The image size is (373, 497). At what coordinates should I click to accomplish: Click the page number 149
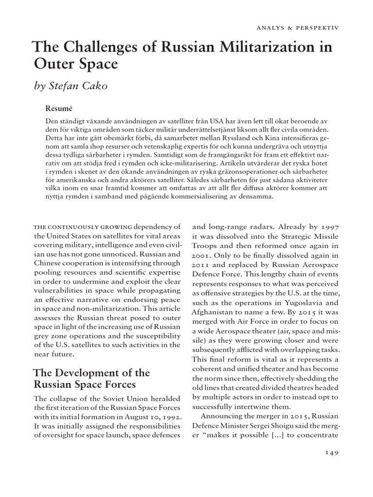pyautogui.click(x=330, y=452)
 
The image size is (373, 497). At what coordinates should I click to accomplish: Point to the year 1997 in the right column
pyautogui.click(x=328, y=226)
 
